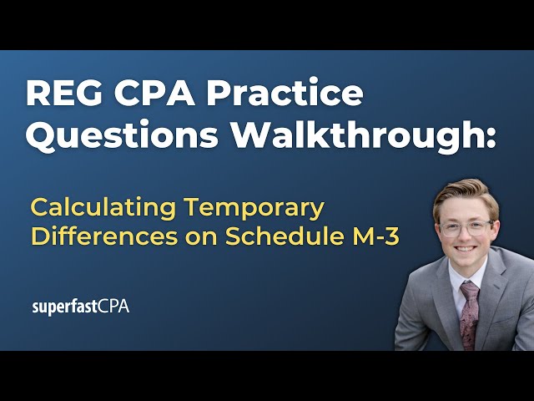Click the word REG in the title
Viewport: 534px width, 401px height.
[64, 94]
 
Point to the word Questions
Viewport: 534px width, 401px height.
[122, 135]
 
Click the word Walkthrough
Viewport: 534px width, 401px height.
[356, 135]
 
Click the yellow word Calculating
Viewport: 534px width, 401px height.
[103, 208]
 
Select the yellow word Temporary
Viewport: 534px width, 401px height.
[254, 209]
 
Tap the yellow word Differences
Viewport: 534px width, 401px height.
[104, 236]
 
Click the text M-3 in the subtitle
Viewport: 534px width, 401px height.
[375, 236]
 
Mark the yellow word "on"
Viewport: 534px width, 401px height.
[202, 238]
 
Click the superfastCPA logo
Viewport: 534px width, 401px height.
[81, 307]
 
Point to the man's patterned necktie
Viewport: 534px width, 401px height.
[469, 315]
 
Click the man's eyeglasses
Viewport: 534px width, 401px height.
[466, 228]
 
